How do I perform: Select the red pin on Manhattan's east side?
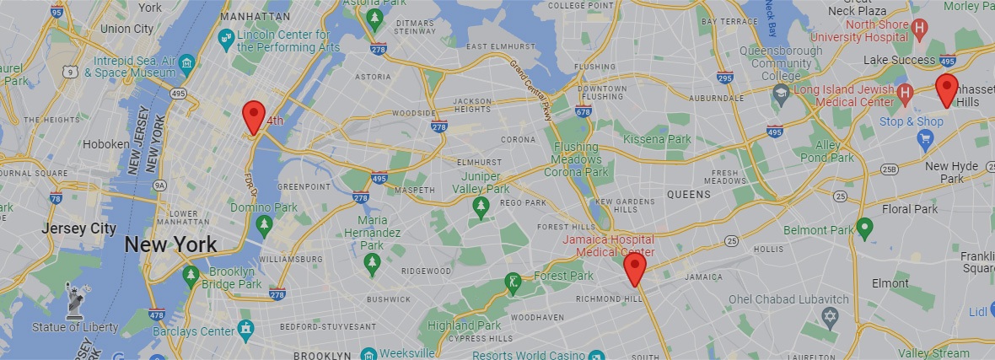coord(253,116)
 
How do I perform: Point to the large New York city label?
coord(170,245)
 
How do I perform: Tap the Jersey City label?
coord(78,228)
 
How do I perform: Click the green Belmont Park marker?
coord(863,228)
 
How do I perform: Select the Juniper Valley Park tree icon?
coord(481,207)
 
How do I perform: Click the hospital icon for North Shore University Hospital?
coord(920,30)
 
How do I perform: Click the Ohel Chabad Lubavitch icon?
coord(831,315)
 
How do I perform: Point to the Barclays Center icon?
coord(245,328)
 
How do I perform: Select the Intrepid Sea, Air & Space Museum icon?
coord(187,64)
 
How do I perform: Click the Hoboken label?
coord(105,144)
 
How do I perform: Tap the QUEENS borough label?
coord(689,194)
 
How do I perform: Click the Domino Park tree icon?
coord(264,224)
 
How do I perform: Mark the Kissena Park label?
coord(657,139)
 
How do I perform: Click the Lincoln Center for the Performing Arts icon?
coord(225,38)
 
